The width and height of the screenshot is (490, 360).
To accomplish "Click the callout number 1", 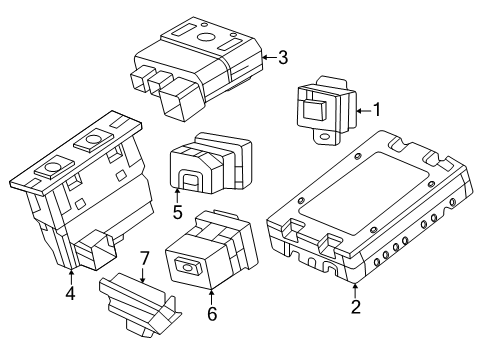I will (x=377, y=110).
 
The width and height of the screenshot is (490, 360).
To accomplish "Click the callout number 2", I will (x=355, y=307).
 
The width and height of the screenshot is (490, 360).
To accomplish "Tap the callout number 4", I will (x=71, y=293).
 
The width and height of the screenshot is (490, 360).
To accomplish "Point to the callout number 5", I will (x=177, y=212).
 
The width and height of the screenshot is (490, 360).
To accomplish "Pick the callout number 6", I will (x=212, y=313).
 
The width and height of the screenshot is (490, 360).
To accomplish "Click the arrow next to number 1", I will (x=363, y=110).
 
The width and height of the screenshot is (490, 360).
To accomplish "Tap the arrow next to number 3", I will (x=268, y=57).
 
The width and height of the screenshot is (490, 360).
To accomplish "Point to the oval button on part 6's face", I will (x=188, y=267).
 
